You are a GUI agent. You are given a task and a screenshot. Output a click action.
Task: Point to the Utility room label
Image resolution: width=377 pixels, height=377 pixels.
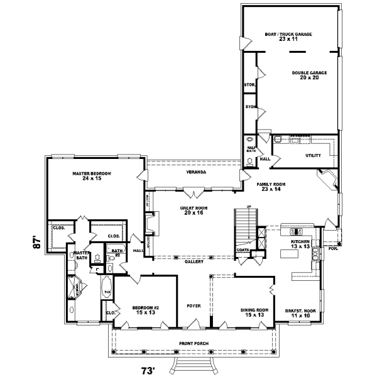tap(313, 155)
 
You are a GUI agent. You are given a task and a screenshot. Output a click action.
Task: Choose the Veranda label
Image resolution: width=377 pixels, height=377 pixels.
tap(195, 172)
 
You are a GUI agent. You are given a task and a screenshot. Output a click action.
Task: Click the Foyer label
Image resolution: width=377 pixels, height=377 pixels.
tap(194, 306)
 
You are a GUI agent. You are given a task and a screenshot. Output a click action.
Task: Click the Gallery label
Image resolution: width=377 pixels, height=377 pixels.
tap(193, 261)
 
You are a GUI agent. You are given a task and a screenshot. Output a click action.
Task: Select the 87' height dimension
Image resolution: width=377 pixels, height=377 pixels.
tap(37, 243)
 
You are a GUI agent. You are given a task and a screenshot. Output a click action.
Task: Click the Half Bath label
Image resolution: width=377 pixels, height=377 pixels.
tap(249, 149)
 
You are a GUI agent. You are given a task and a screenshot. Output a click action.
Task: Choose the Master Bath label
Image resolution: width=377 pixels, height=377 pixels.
tap(82, 254)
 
